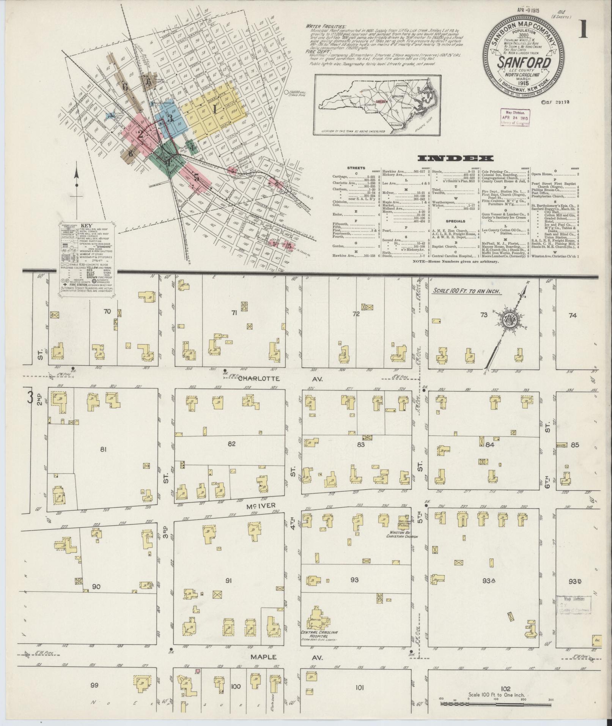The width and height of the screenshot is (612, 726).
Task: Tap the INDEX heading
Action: pyautogui.click(x=455, y=158)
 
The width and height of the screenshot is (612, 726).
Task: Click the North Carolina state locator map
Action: pyautogui.click(x=378, y=104)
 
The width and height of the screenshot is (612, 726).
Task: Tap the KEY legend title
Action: pyautogui.click(x=87, y=225)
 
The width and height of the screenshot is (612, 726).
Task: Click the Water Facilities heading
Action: pyautogui.click(x=327, y=27)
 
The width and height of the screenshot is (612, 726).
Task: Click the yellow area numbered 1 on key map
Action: pyautogui.click(x=215, y=110)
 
